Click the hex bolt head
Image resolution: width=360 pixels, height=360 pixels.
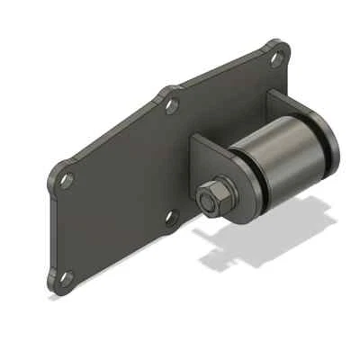pyautogui.click(x=210, y=198)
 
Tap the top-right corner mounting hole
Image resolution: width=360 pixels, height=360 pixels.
pyautogui.click(x=276, y=58)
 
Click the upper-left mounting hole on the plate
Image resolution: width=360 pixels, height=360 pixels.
pyautogui.click(x=66, y=179)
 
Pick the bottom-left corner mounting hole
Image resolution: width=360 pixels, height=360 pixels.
pyautogui.click(x=62, y=279)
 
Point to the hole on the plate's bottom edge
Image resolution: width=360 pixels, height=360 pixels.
pyautogui.click(x=172, y=216)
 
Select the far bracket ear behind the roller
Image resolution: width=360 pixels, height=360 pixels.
pyautogui.click(x=297, y=108)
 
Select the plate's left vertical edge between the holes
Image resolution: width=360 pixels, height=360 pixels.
pyautogui.click(x=52, y=229)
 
